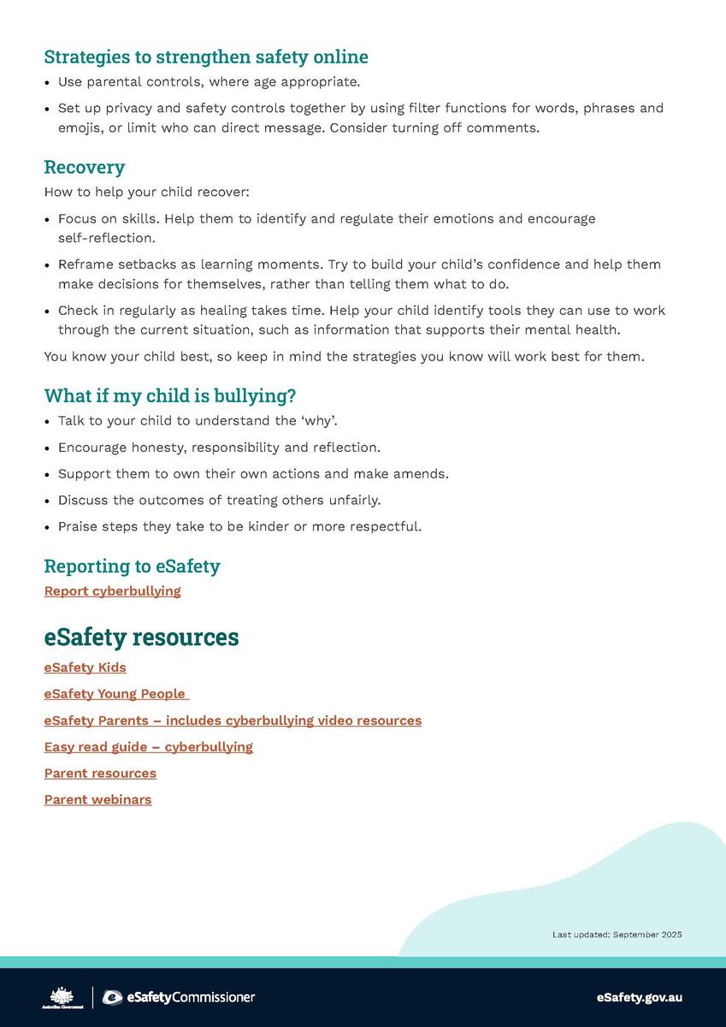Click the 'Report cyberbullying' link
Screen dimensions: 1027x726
point(112,591)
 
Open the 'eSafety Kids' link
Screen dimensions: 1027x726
point(85,667)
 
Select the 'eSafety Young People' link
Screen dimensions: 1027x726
point(115,693)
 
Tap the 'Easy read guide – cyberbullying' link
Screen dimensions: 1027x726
point(148,746)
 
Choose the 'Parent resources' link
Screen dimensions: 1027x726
point(100,773)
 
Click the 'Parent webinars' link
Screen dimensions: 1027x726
point(97,799)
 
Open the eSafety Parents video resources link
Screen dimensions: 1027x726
point(233,720)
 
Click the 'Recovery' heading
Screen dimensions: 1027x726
point(84,166)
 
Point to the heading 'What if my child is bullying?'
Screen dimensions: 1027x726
point(169,395)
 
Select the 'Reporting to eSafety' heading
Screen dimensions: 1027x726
point(132,566)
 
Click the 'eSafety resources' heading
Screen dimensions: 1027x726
point(141,637)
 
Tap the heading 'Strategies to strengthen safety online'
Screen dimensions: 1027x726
point(206,56)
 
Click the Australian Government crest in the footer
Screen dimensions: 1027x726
point(61,997)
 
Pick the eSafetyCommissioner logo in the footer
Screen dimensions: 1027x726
point(178,997)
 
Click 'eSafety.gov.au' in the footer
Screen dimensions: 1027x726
point(639,997)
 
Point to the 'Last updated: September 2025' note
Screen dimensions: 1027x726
point(617,935)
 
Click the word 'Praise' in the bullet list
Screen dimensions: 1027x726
point(78,525)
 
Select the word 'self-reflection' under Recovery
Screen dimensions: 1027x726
point(107,237)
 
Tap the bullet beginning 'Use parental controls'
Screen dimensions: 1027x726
point(209,82)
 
